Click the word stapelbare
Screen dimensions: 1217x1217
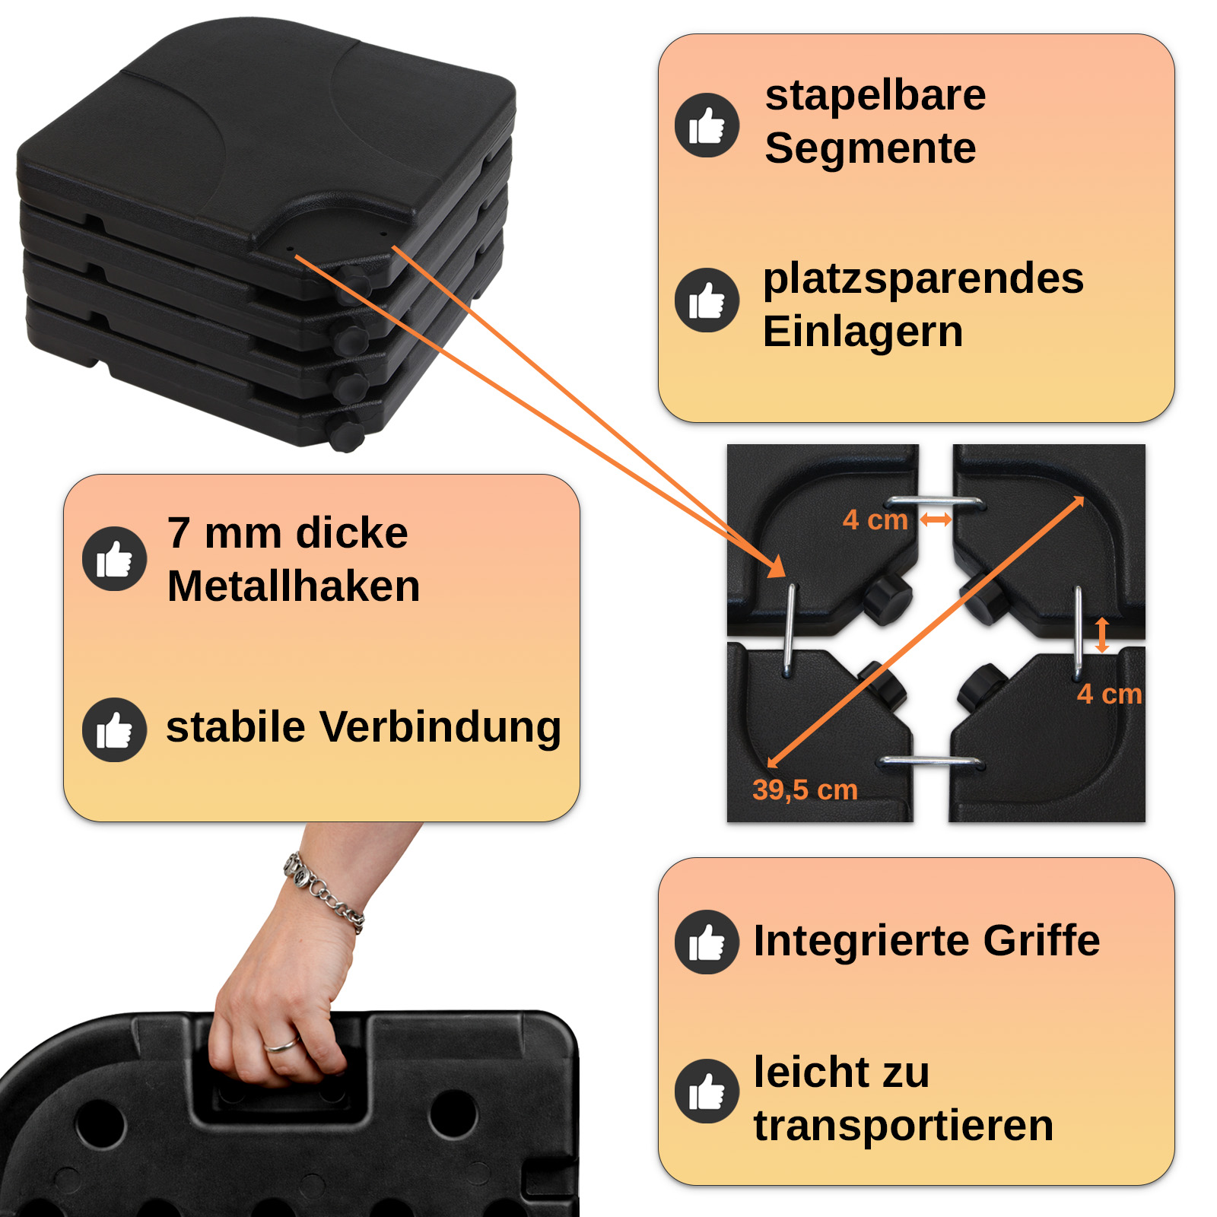point(875,97)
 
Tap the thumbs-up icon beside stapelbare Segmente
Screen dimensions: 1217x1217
point(707,126)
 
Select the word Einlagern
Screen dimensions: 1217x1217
point(863,332)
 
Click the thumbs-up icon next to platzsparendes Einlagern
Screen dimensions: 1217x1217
point(707,300)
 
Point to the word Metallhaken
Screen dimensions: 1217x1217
point(294,586)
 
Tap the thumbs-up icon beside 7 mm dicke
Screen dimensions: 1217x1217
point(114,559)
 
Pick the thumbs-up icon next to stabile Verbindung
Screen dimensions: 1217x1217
point(114,730)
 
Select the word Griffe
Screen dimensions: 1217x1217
point(1041,942)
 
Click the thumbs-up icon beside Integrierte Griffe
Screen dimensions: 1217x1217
point(707,942)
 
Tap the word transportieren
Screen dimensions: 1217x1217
point(904,1126)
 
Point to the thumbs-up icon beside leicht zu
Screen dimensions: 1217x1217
point(707,1091)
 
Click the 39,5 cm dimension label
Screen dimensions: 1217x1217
point(805,790)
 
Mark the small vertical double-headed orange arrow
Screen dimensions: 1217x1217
point(1101,635)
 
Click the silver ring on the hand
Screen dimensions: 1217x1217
point(281,1044)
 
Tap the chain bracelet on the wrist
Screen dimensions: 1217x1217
point(324,893)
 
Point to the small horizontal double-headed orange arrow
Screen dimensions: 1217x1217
point(936,520)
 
